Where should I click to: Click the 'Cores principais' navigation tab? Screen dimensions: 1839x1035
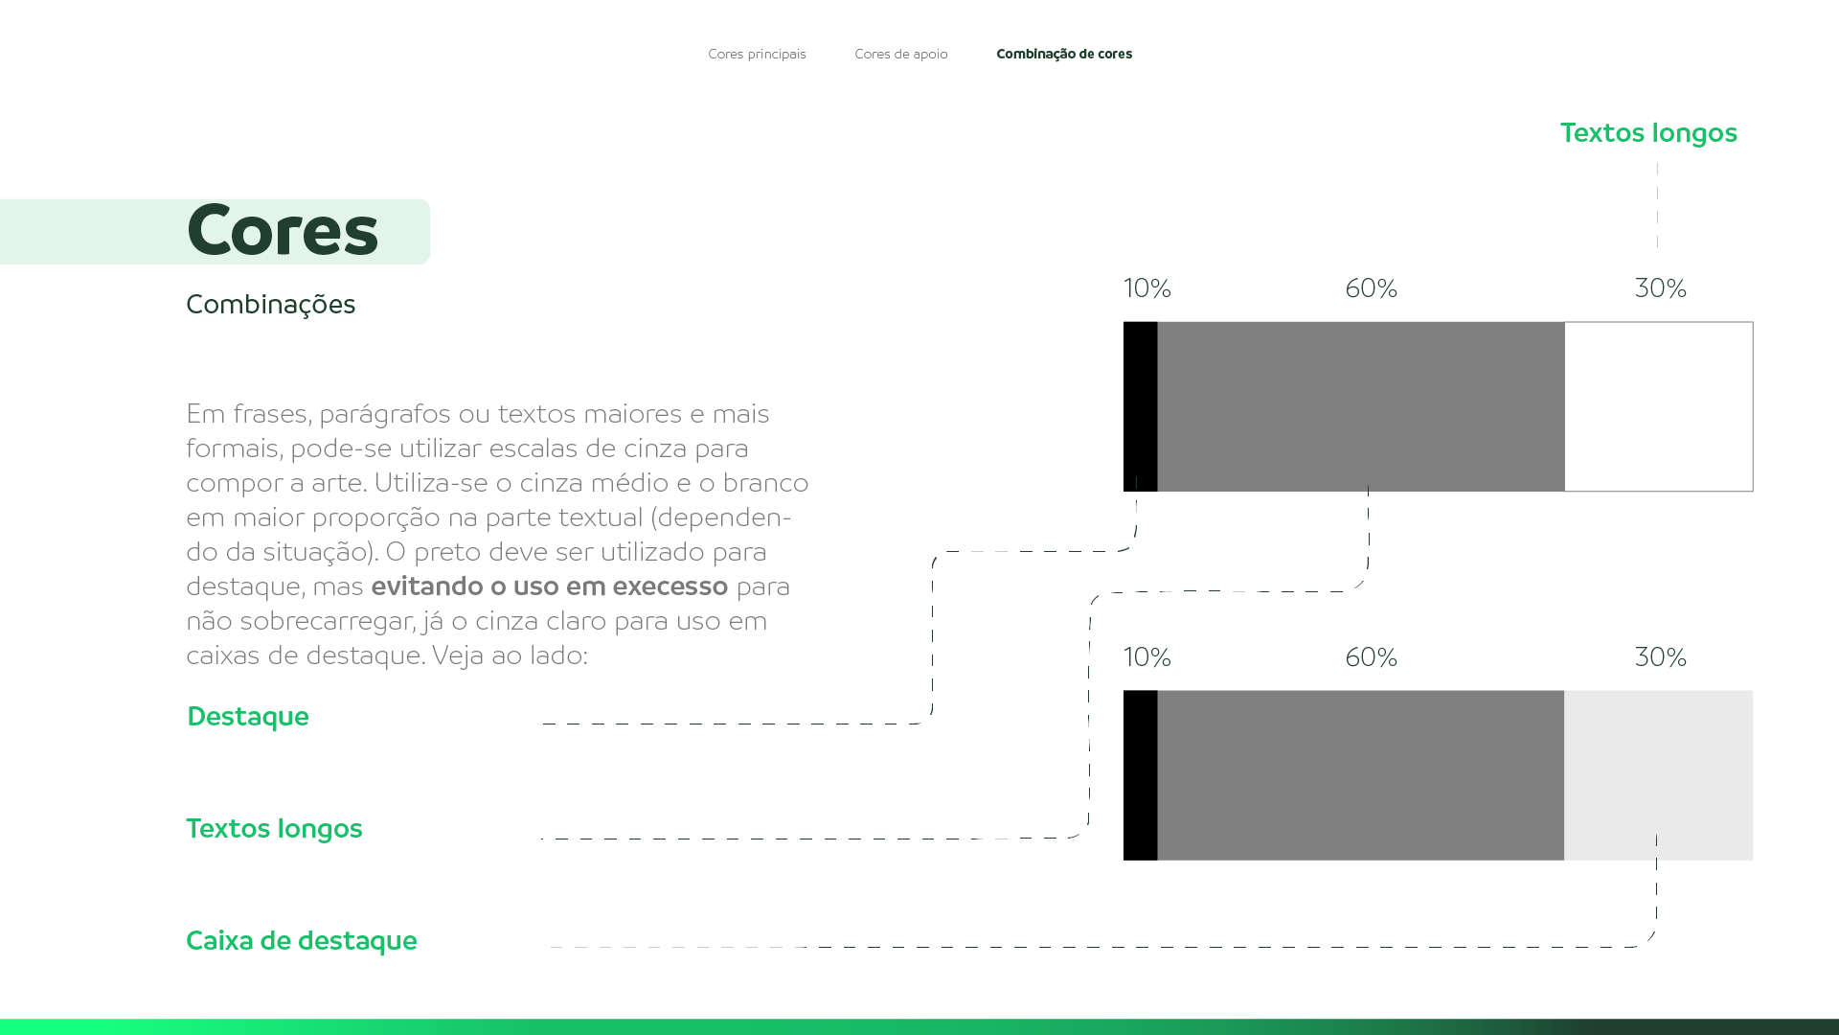(757, 54)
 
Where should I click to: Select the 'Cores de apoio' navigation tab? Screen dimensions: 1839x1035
(900, 54)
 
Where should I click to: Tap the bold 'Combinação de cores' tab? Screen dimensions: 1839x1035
(1064, 54)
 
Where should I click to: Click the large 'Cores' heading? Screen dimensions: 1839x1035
(283, 231)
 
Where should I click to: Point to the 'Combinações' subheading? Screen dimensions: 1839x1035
(270, 305)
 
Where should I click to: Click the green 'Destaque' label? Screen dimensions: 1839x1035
(247, 717)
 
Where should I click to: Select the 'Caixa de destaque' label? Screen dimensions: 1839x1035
(301, 941)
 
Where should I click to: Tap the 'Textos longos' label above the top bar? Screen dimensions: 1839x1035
(1647, 133)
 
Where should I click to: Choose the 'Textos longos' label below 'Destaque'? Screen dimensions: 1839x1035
(274, 829)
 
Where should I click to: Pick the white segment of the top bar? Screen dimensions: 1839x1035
(1658, 406)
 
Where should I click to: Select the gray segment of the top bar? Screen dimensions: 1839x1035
(1360, 406)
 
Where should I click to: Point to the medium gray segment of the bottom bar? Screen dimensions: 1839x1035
(1360, 775)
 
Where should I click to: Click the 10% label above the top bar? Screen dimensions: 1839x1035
(1147, 288)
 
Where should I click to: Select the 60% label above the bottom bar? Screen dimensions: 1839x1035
(1371, 657)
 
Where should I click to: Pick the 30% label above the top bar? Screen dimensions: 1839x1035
(1660, 288)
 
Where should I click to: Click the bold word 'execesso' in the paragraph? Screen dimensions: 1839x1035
(670, 586)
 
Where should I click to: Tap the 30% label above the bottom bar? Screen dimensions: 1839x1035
(1660, 657)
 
